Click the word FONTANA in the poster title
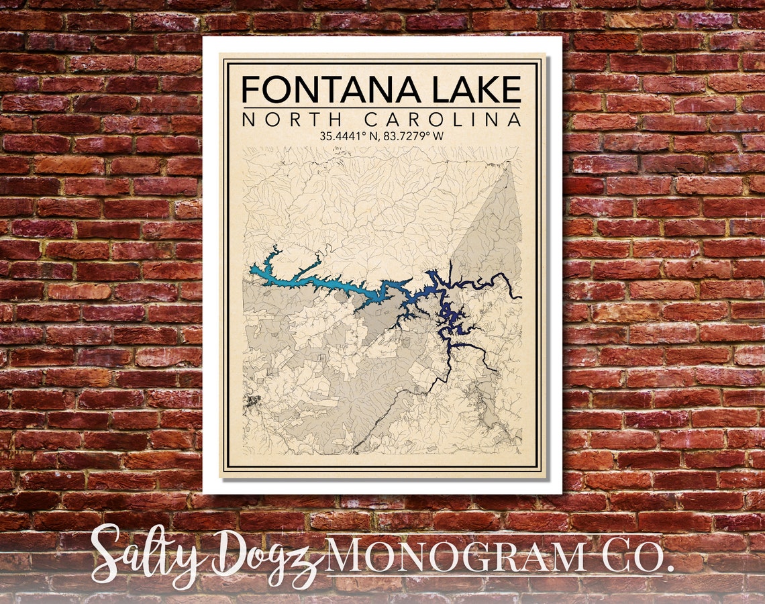(x=321, y=90)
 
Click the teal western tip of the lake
(x=258, y=270)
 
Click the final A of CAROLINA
(x=514, y=120)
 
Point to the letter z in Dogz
(x=305, y=564)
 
